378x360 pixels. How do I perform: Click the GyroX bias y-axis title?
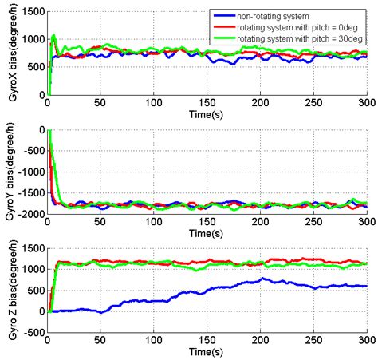pos(8,53)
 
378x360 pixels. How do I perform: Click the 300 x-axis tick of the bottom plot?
pos(366,342)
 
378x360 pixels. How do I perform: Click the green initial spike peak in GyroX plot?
pos(53,35)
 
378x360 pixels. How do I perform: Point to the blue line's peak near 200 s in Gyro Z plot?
pos(262,279)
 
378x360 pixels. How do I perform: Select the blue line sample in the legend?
pos(226,14)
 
